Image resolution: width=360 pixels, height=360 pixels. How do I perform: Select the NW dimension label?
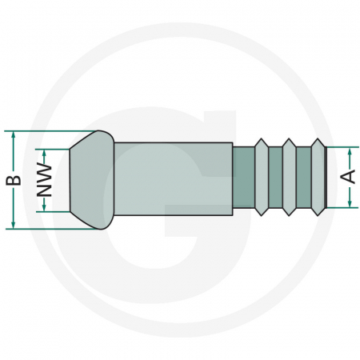[x=45, y=179]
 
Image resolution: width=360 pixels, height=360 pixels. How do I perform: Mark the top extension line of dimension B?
[x=48, y=130]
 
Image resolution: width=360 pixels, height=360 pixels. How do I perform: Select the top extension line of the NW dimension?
[x=56, y=148]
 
